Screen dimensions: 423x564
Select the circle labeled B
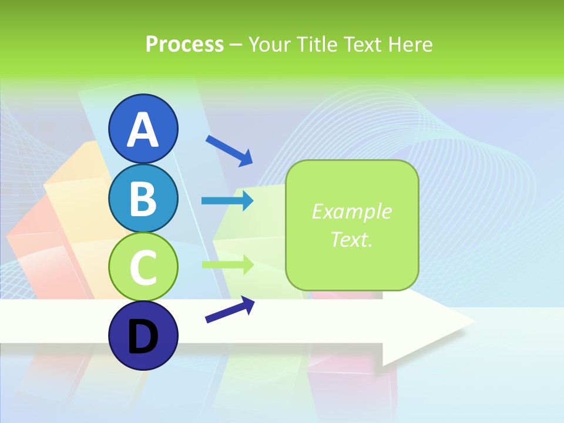point(143,198)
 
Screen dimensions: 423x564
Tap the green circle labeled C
point(143,267)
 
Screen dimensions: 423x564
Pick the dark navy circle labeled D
point(143,335)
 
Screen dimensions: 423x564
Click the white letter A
point(143,130)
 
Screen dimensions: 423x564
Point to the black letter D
point(143,337)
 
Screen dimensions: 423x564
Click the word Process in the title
point(184,44)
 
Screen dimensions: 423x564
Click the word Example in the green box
point(351,211)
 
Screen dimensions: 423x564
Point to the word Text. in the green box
point(351,240)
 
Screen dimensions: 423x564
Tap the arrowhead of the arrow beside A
point(247,159)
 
